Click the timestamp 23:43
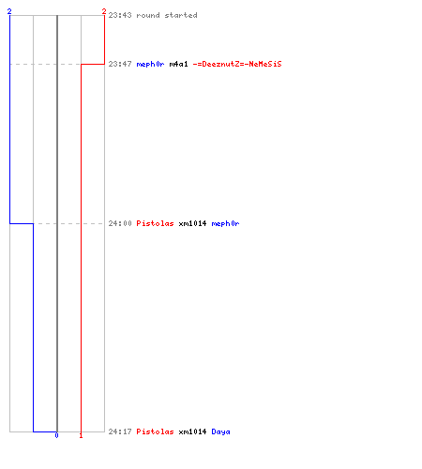pyautogui.click(x=120, y=15)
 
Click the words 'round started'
pyautogui.click(x=167, y=15)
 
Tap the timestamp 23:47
pyautogui.click(x=120, y=64)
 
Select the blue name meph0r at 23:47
pyautogui.click(x=150, y=64)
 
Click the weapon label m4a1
pyautogui.click(x=178, y=64)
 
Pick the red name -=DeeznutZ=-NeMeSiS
pyautogui.click(x=237, y=64)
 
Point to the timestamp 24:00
pyautogui.click(x=120, y=223)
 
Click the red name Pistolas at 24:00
pyautogui.click(x=155, y=223)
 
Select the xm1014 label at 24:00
pyautogui.click(x=192, y=223)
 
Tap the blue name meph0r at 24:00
pyautogui.click(x=225, y=223)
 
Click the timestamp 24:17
pyautogui.click(x=120, y=431)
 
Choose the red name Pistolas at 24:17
pyautogui.click(x=155, y=431)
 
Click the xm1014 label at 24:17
pyautogui.click(x=192, y=431)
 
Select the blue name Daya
pyautogui.click(x=220, y=431)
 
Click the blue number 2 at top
pyautogui.click(x=9, y=11)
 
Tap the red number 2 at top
pyautogui.click(x=104, y=11)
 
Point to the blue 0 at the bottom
pyautogui.click(x=56, y=435)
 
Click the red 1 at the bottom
pyautogui.click(x=81, y=435)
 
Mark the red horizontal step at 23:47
pyautogui.click(x=93, y=64)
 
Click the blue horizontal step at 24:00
pyautogui.click(x=22, y=223)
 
